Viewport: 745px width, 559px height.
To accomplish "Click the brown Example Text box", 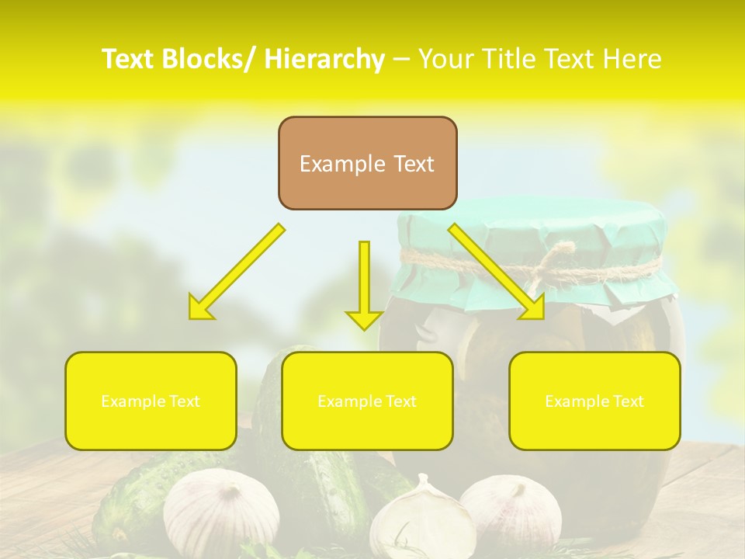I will click(367, 163).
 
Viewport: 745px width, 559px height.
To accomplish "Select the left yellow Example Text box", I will click(151, 401).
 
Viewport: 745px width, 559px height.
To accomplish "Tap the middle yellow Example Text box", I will click(367, 401).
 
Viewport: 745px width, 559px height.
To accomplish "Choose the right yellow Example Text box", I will click(594, 401).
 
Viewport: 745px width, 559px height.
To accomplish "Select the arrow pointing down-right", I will click(497, 272).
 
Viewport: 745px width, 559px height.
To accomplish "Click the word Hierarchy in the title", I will click(324, 59).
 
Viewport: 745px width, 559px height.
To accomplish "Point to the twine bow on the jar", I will click(559, 261).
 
